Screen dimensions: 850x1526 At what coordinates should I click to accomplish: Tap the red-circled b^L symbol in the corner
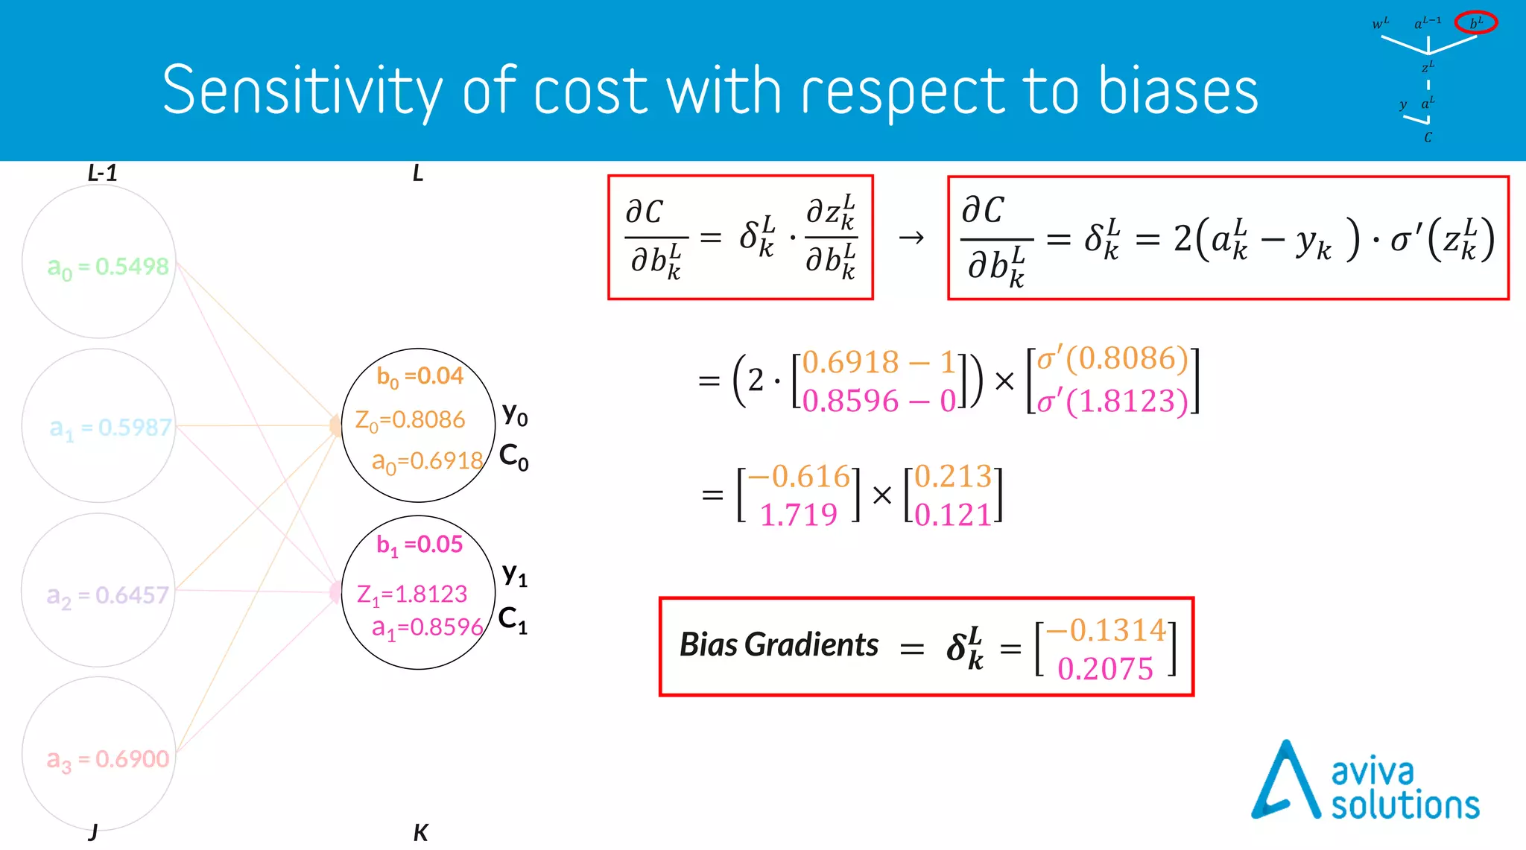click(1475, 23)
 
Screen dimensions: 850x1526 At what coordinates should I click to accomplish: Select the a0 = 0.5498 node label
click(108, 267)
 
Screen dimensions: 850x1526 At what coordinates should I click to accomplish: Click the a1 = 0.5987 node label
click(110, 428)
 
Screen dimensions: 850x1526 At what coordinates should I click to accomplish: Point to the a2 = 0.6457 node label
click(108, 595)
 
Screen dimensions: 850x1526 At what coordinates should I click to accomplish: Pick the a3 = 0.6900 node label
click(108, 759)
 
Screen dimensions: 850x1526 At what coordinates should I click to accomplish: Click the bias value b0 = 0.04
click(420, 377)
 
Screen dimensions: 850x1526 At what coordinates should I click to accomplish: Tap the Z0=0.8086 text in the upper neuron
click(410, 420)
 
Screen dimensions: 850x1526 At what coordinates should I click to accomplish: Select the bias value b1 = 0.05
click(420, 545)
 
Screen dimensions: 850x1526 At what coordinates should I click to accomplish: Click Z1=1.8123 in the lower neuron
click(412, 594)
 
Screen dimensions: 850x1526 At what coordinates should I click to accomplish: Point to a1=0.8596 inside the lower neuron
click(427, 628)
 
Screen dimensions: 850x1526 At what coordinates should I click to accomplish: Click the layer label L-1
click(102, 174)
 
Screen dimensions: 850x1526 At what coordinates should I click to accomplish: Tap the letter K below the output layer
click(420, 833)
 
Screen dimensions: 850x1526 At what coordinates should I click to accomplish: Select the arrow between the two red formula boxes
click(911, 238)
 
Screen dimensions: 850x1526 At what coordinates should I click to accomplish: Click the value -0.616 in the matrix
click(799, 476)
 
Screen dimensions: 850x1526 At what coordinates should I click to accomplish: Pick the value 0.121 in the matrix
click(953, 515)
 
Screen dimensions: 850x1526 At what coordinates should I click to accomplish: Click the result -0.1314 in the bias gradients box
click(1106, 630)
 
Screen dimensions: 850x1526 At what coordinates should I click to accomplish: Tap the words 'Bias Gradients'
click(779, 645)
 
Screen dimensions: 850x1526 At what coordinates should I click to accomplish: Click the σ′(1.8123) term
click(1112, 402)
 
